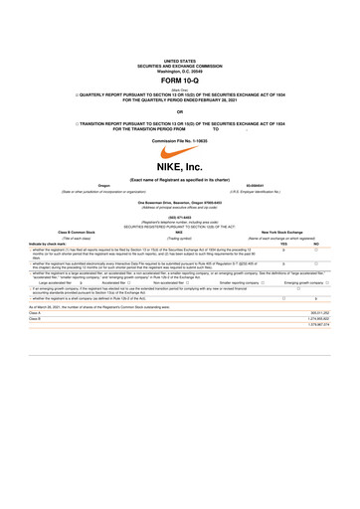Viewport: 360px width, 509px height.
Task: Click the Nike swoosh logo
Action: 179,152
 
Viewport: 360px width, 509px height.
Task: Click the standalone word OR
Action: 179,111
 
